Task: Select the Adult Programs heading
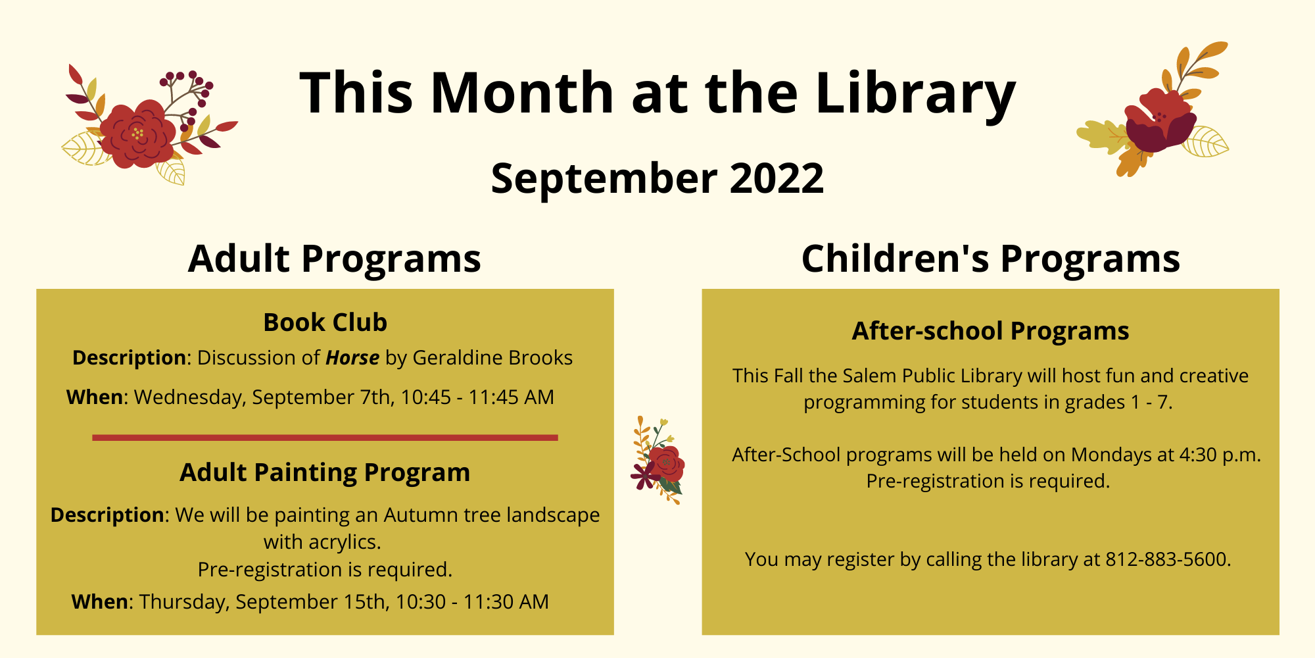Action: [335, 259]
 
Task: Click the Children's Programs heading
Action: [991, 259]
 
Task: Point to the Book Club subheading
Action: [325, 322]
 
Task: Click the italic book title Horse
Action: [352, 357]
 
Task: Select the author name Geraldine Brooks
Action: [492, 357]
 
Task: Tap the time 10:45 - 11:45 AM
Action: [477, 397]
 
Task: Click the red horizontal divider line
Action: [325, 438]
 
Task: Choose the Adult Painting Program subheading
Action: [325, 472]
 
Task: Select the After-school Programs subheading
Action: [990, 331]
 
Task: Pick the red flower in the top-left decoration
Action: [138, 134]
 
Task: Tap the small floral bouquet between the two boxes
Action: [658, 461]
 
